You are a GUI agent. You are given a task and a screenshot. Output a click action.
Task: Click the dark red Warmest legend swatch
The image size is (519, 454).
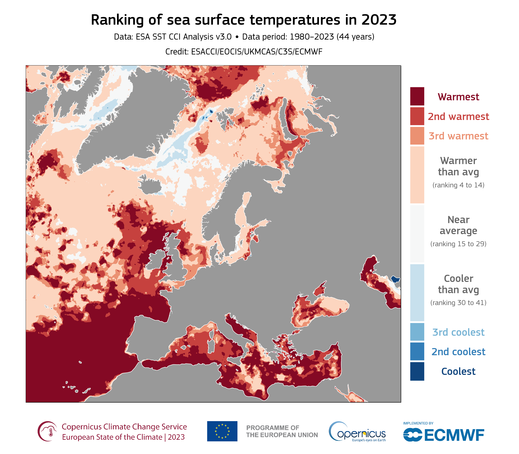[417, 96]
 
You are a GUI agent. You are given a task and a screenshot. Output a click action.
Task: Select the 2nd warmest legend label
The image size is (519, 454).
[458, 117]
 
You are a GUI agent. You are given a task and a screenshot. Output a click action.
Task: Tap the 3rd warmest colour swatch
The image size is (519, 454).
[417, 136]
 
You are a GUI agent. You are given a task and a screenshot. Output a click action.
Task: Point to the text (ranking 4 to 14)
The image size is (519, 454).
[458, 185]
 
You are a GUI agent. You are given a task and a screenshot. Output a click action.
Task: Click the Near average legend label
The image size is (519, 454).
[458, 225]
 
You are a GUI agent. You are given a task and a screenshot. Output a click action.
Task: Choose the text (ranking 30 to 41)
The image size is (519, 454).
[458, 303]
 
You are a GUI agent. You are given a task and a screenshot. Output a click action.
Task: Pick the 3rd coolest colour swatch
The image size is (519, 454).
[417, 332]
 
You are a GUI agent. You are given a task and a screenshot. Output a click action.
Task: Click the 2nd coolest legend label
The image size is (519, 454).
[458, 352]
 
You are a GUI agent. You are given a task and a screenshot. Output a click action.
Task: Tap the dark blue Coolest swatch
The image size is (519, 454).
[417, 371]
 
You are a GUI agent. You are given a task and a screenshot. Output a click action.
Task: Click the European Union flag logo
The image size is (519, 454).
[222, 431]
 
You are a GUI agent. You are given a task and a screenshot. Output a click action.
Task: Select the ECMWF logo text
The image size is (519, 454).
[454, 435]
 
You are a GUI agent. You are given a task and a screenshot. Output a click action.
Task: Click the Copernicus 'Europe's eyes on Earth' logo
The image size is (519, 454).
[357, 432]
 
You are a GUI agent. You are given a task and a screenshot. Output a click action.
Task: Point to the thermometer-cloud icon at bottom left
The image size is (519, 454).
[47, 431]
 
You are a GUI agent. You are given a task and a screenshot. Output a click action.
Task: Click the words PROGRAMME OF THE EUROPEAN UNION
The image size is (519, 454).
[282, 432]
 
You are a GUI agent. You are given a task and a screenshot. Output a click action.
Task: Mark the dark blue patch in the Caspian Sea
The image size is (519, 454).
[395, 279]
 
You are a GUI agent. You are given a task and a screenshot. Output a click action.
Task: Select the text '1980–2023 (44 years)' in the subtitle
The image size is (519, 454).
[332, 37]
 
